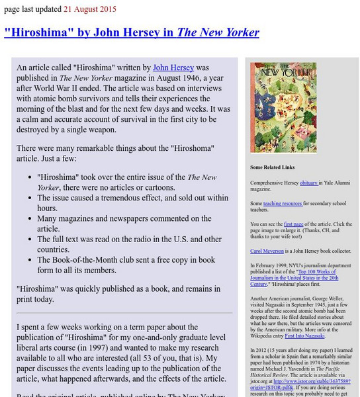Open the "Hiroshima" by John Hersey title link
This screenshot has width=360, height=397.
coord(132,32)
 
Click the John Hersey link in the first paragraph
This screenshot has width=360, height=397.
coord(173,67)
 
